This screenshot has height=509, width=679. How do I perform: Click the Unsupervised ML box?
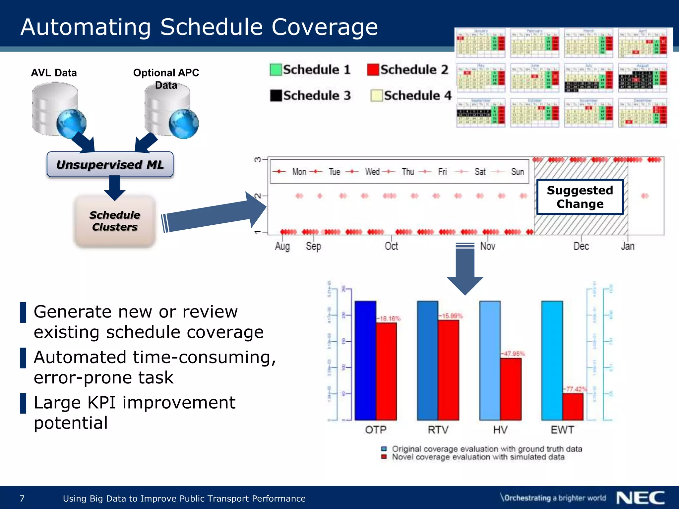(x=110, y=165)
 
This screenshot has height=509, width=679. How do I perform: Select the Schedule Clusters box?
(x=115, y=221)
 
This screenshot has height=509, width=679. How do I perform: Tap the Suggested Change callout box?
(x=580, y=197)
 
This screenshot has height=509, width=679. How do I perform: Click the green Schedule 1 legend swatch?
(x=276, y=70)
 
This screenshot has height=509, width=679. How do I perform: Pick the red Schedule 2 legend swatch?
(x=373, y=70)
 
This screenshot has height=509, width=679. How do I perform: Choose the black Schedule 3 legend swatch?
(x=276, y=95)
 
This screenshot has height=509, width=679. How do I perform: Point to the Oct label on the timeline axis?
(x=391, y=246)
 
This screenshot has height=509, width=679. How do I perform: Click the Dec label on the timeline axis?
(x=581, y=246)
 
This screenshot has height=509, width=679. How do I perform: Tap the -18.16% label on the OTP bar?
(x=388, y=318)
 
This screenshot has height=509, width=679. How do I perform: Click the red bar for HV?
(x=511, y=389)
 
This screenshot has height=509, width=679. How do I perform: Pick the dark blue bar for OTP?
(x=365, y=361)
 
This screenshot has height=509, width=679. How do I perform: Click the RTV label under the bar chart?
(x=438, y=430)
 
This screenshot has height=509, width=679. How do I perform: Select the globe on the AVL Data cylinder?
(x=71, y=124)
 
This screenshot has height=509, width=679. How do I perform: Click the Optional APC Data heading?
(x=166, y=79)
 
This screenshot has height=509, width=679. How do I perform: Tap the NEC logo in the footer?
(x=640, y=498)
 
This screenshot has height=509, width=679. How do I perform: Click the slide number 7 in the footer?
(x=22, y=498)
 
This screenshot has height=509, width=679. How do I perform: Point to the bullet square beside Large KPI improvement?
(x=23, y=403)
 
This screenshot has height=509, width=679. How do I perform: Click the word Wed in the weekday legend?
(x=372, y=172)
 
